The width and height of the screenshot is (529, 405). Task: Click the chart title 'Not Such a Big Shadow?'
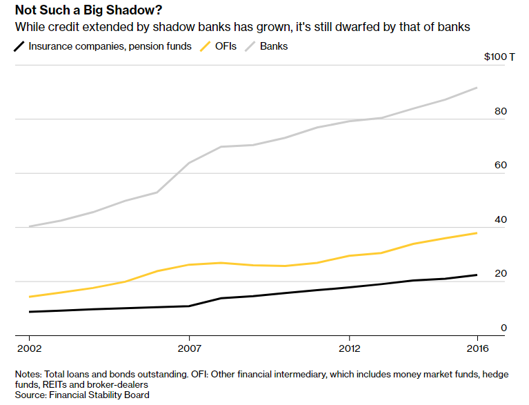pyautogui.click(x=88, y=10)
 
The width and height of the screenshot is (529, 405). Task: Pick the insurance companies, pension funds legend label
pyautogui.click(x=110, y=46)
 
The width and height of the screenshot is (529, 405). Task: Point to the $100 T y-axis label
pyautogui.click(x=499, y=57)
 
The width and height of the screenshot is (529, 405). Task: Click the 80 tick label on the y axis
pyautogui.click(x=501, y=111)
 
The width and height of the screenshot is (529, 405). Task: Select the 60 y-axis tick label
pyautogui.click(x=501, y=165)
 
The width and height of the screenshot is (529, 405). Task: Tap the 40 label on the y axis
pyautogui.click(x=501, y=219)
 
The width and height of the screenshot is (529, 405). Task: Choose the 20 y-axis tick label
pyautogui.click(x=501, y=273)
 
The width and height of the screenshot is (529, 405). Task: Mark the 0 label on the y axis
pyautogui.click(x=503, y=328)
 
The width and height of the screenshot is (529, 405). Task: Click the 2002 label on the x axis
pyautogui.click(x=30, y=348)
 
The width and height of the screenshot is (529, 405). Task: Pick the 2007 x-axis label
pyautogui.click(x=190, y=348)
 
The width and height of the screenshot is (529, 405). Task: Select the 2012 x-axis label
pyautogui.click(x=350, y=348)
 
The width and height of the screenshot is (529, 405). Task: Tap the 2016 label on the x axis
pyautogui.click(x=477, y=348)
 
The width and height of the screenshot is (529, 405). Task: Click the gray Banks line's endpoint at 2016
pyautogui.click(x=477, y=88)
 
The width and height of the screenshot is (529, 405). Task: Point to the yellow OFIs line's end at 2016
pyautogui.click(x=477, y=233)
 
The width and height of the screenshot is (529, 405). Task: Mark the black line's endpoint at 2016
pyautogui.click(x=477, y=275)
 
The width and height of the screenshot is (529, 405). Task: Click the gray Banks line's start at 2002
pyautogui.click(x=30, y=226)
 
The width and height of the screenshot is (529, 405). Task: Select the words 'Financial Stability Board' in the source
pyautogui.click(x=99, y=395)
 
